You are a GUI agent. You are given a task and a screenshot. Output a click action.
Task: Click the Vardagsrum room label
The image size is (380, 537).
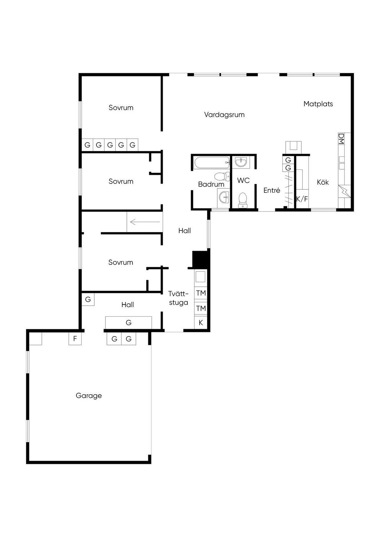pyautogui.click(x=224, y=115)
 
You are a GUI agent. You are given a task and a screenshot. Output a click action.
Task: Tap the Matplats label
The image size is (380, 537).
pyautogui.click(x=318, y=104)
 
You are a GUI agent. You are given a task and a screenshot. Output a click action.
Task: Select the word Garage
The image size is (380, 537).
pyautogui.click(x=89, y=396)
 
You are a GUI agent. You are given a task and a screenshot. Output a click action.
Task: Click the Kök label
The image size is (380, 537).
pyautogui.click(x=322, y=182)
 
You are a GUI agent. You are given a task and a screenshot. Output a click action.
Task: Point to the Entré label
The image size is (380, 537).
pyautogui.click(x=272, y=190)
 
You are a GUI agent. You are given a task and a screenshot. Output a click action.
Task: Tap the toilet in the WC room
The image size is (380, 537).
pyautogui.click(x=243, y=200)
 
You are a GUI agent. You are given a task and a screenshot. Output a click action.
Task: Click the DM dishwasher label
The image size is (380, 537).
pyautogui.click(x=341, y=139)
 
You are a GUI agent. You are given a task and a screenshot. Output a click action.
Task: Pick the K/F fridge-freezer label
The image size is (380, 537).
pyautogui.click(x=302, y=199)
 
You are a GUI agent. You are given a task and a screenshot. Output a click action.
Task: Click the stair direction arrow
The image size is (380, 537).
pyautogui.click(x=145, y=222)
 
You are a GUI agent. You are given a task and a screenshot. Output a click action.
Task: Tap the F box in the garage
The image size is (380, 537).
pyautogui.click(x=75, y=339)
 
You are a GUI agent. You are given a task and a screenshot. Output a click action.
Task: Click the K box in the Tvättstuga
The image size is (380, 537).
pyautogui.click(x=200, y=323)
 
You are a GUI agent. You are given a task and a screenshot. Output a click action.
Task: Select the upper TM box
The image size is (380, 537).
pyautogui.click(x=201, y=293)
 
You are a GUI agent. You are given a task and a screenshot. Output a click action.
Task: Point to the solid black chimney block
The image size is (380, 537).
pyautogui.click(x=201, y=260)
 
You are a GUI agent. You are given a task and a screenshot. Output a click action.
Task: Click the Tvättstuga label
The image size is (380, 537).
pyautogui.click(x=178, y=298)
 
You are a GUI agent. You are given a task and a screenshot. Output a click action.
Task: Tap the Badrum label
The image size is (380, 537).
pyautogui.click(x=211, y=184)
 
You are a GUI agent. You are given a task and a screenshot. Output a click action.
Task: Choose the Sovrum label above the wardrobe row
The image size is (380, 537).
pyautogui.click(x=121, y=108)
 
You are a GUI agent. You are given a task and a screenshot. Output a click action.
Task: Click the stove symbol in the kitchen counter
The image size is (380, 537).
pyautogui.click(x=344, y=191)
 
